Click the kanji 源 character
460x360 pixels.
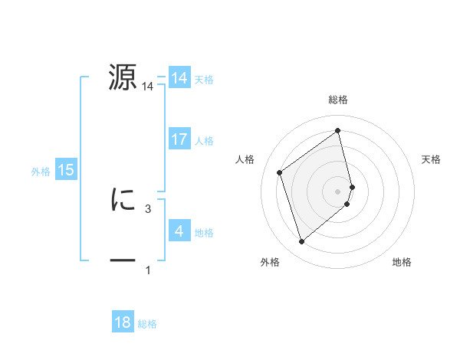pos(123,77)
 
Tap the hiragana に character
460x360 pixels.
pos(123,200)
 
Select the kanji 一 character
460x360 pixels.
pos(123,261)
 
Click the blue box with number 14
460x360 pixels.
pos(179,78)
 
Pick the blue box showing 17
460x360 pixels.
pos(179,139)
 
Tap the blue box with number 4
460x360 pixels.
pos(179,231)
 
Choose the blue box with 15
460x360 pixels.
pos(66,170)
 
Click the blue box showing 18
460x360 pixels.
pos(122,322)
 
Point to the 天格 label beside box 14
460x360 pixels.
pos(204,79)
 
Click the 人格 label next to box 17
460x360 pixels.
pos(204,140)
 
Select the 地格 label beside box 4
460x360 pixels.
pos(204,232)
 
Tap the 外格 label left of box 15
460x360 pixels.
pos(41,172)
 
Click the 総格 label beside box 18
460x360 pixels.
pos(147,324)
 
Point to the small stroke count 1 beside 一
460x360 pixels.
pos(147,270)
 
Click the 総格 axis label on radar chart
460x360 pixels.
pos(338,100)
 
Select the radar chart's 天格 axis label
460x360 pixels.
pos(432,159)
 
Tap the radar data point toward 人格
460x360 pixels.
pos(280,172)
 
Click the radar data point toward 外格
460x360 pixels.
pos(302,242)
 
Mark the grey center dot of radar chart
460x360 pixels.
pos(338,191)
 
